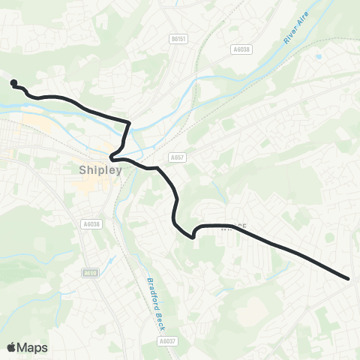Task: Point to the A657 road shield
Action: (x=177, y=157)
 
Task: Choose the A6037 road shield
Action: (x=168, y=341)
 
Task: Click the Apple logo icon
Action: (x=12, y=347)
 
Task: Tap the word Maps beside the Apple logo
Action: (x=33, y=347)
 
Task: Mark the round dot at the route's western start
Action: (x=13, y=82)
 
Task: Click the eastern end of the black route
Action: (x=348, y=279)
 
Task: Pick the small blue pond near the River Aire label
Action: (x=319, y=56)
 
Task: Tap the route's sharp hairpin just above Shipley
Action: (x=112, y=157)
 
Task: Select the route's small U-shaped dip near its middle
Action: (x=193, y=235)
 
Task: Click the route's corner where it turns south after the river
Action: (x=129, y=121)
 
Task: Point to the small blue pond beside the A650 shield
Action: (x=112, y=262)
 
